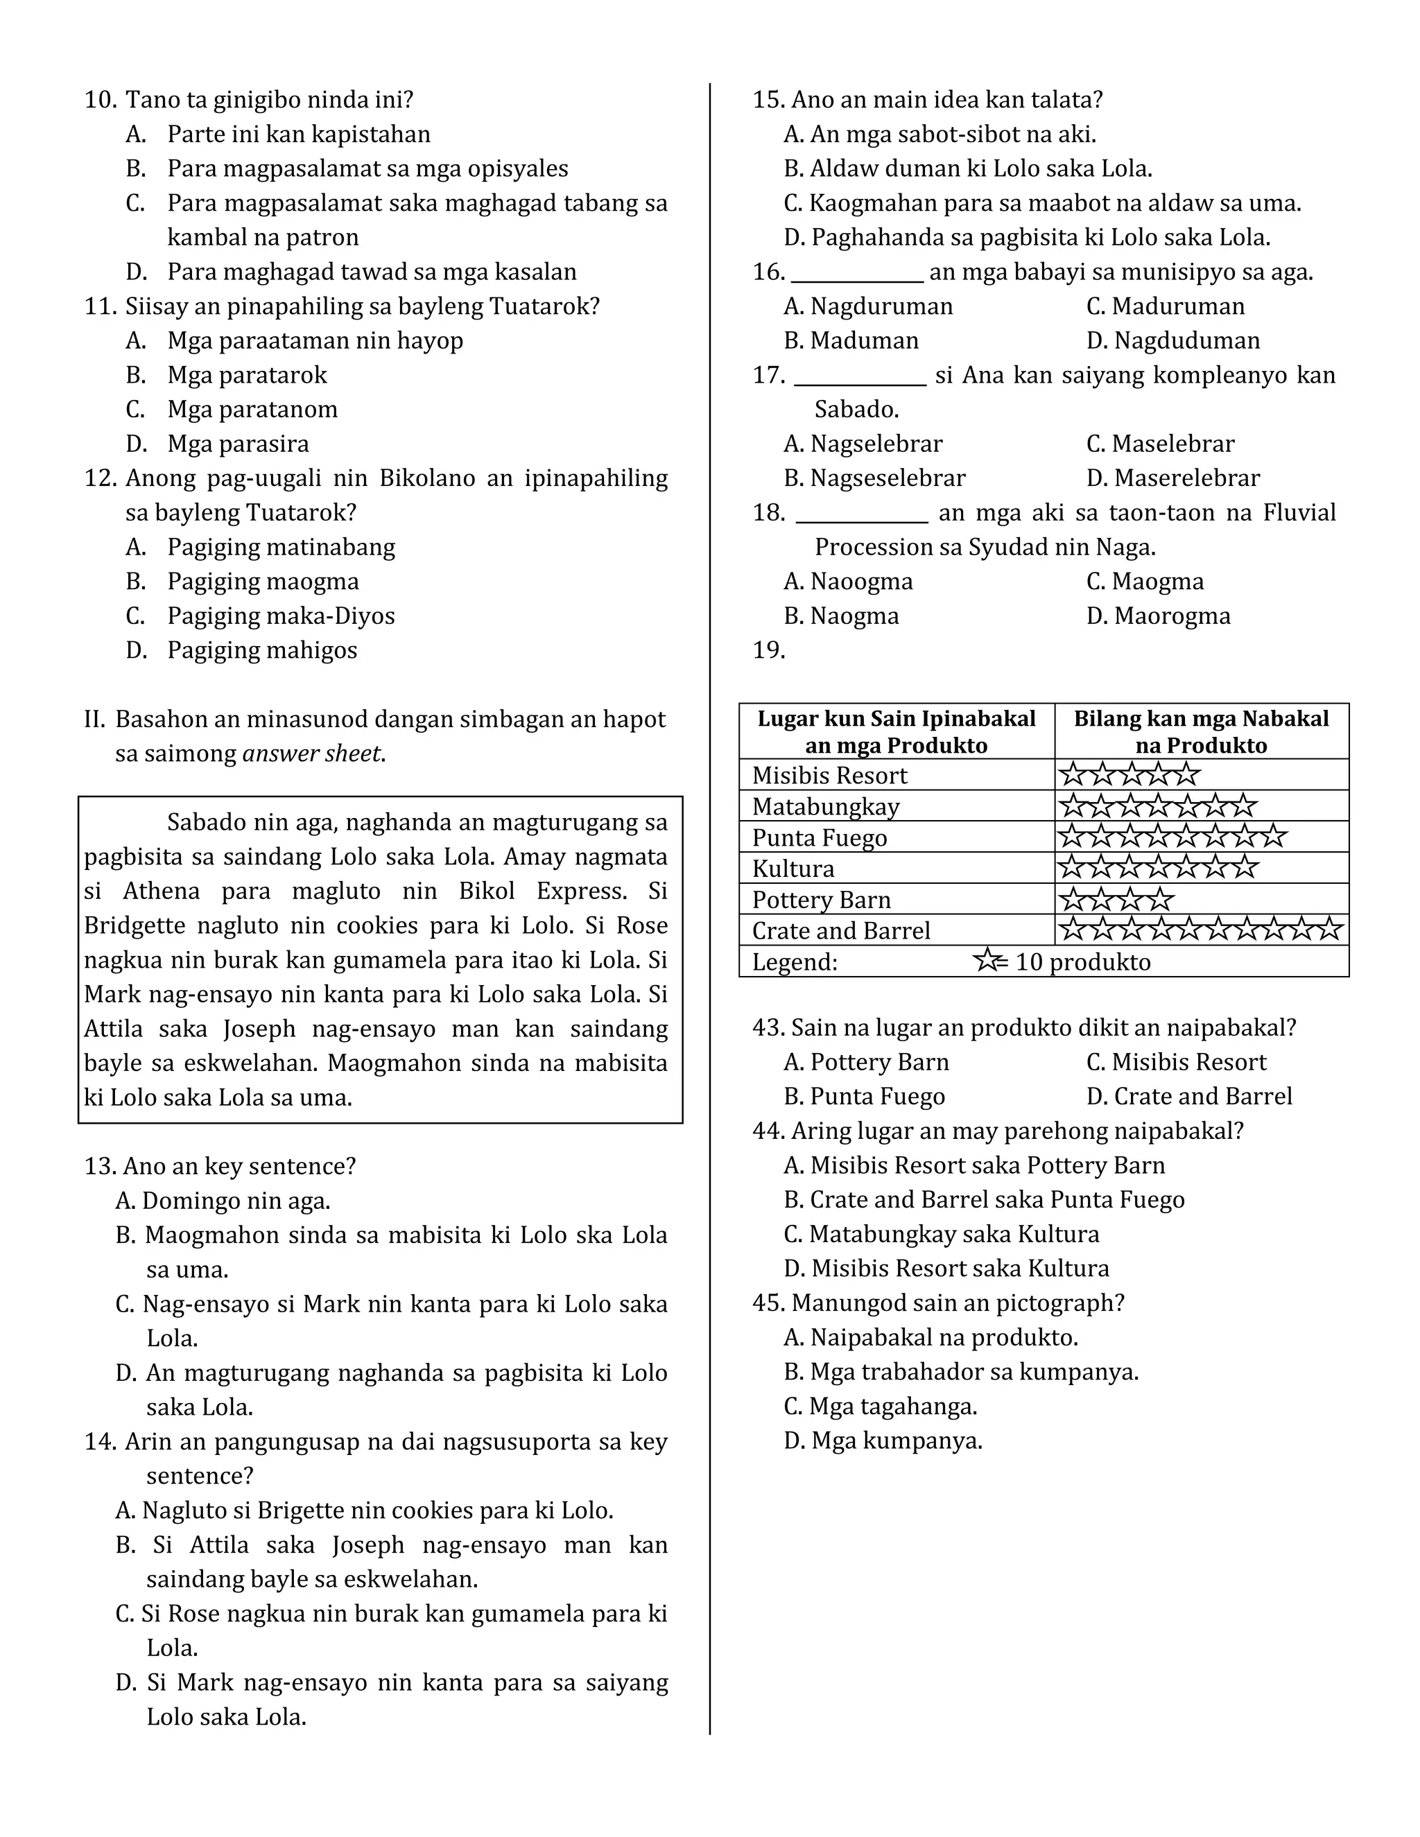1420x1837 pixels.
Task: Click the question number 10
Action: pos(99,100)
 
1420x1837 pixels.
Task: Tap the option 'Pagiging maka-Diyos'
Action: pos(280,616)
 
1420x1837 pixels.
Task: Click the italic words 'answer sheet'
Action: pos(312,754)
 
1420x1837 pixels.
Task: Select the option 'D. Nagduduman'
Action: pos(1172,340)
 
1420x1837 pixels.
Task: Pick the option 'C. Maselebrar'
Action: pos(1160,444)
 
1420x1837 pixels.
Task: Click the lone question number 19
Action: pos(768,650)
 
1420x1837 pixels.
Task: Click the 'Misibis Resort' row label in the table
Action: pos(829,776)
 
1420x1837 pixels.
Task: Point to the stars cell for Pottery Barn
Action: pos(1116,900)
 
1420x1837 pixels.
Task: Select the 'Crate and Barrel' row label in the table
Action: pos(840,931)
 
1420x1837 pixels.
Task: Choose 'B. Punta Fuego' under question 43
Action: pos(864,1097)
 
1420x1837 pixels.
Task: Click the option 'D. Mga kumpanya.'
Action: pos(883,1442)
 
